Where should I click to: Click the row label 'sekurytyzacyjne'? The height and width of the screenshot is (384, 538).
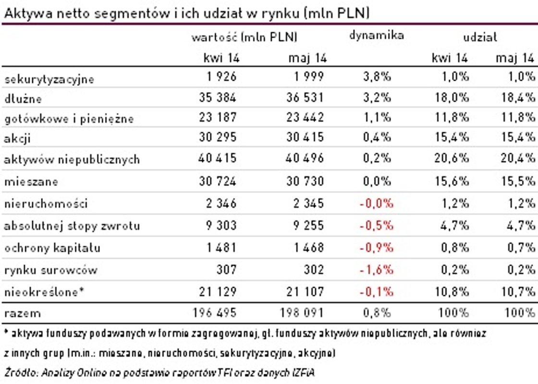(x=49, y=79)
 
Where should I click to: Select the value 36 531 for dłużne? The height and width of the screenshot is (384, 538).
(x=306, y=97)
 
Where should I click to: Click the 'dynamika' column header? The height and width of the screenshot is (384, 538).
(x=377, y=36)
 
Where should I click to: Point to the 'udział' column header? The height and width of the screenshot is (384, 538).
(x=480, y=36)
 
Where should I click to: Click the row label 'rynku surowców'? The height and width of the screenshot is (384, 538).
(x=50, y=270)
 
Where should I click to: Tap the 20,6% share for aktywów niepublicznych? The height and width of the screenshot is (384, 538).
(x=451, y=158)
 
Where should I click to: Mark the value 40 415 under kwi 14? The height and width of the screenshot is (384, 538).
(x=218, y=158)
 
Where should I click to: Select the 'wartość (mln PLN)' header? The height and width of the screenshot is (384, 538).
(x=244, y=37)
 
